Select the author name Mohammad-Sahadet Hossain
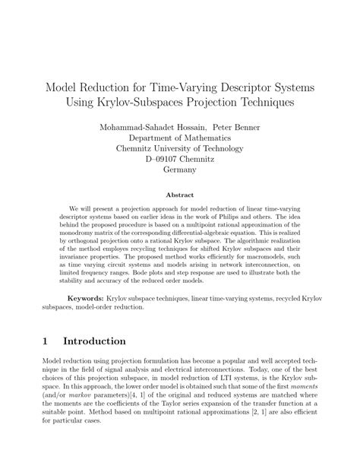pos(147,126)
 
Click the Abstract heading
pos(180,195)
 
